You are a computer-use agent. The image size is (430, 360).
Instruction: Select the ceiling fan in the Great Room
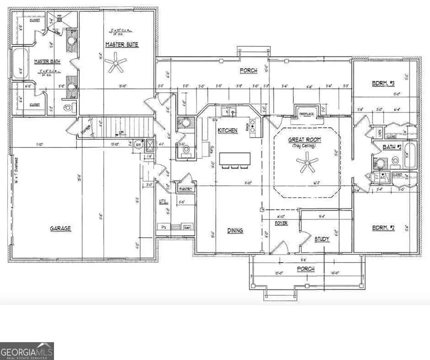click(x=306, y=165)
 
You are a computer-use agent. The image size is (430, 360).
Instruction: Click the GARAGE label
click(x=61, y=229)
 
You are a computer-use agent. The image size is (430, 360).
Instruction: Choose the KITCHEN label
click(x=228, y=130)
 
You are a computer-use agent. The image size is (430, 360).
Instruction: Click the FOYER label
click(x=280, y=223)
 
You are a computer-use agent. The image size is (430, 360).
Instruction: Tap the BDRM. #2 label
click(x=384, y=229)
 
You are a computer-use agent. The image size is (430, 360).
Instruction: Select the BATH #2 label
click(x=391, y=147)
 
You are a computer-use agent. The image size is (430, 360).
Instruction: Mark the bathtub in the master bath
click(x=20, y=64)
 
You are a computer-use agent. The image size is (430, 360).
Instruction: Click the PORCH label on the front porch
click(x=306, y=269)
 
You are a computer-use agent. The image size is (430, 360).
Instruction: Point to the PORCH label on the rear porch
click(x=248, y=71)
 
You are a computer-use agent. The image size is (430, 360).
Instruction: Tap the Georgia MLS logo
click(x=27, y=351)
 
